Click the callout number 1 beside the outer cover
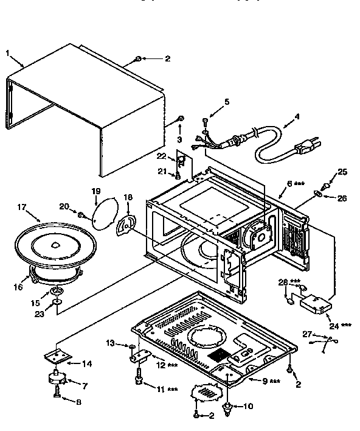[x=8, y=53]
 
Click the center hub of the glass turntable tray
[x=55, y=245]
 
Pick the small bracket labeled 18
[x=126, y=225]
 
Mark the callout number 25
[x=342, y=172]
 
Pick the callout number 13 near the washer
[x=110, y=343]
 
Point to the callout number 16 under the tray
[x=18, y=287]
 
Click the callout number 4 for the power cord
[x=296, y=117]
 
